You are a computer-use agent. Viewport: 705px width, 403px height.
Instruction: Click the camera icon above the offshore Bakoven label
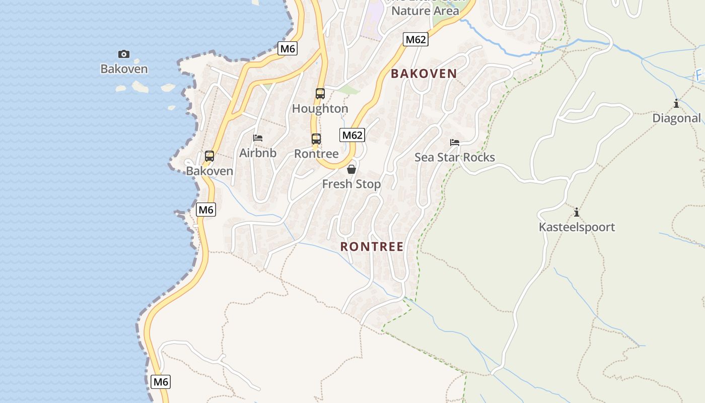(x=124, y=54)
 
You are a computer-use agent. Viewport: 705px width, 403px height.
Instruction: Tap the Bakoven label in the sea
(x=124, y=69)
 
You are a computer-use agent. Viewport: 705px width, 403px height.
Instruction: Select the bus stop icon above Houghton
(x=320, y=93)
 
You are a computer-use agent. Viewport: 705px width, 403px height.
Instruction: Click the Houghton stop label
(x=320, y=108)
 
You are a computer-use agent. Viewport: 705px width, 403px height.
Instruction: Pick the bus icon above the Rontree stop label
(x=316, y=139)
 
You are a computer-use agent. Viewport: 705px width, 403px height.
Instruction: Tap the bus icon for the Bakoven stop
(x=209, y=156)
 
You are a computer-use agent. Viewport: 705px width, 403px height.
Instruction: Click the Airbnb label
(x=258, y=153)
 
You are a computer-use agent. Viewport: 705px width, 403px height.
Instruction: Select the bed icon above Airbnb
(x=258, y=138)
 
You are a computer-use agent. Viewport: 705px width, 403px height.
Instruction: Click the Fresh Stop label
(x=351, y=184)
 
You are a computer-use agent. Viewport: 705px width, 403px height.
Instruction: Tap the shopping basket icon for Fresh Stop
(x=351, y=169)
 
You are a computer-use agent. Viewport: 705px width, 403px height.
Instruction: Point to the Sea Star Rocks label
(x=455, y=157)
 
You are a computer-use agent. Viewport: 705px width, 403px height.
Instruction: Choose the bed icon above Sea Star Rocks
(x=455, y=143)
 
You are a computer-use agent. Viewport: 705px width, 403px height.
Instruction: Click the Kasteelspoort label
(x=577, y=227)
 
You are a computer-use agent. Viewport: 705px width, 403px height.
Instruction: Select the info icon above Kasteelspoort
(x=577, y=212)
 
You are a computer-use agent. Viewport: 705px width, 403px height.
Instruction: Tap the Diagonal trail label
(x=676, y=118)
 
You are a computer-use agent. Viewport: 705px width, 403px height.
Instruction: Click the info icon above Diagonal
(x=676, y=103)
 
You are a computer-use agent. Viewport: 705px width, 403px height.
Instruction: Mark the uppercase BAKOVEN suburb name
(x=424, y=74)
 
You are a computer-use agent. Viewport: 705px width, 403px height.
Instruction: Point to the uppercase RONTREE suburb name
(x=372, y=246)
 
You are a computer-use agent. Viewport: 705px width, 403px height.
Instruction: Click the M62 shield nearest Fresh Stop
(x=352, y=135)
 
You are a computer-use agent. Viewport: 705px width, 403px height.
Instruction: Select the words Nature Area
(x=425, y=11)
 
